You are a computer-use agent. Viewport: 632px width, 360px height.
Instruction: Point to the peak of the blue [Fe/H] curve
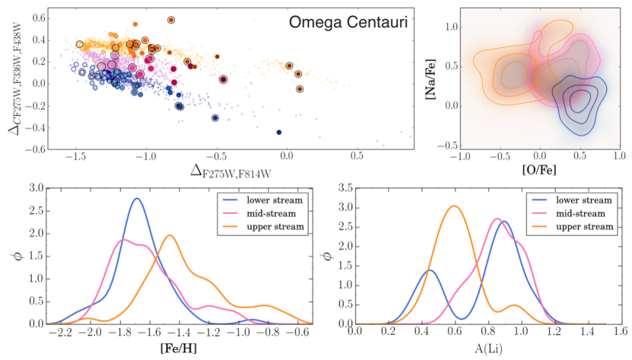tap(137, 199)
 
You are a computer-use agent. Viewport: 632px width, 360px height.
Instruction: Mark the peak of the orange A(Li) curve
tap(454, 205)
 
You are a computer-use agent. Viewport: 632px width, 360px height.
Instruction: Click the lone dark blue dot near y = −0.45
tap(279, 132)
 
